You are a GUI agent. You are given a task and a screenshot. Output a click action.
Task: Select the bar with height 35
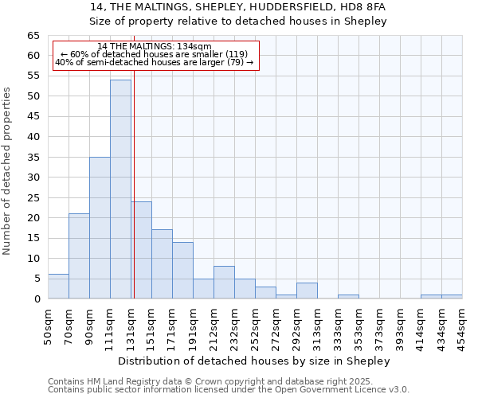tap(100, 228)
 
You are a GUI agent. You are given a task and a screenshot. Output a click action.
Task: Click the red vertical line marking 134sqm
tap(134, 183)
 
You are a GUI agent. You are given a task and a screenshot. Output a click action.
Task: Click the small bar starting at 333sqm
tap(348, 296)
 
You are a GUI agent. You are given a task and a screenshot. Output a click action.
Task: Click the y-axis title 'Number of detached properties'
tap(8, 171)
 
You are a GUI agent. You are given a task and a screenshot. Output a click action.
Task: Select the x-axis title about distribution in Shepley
tap(254, 361)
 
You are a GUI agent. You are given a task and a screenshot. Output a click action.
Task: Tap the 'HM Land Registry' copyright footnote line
tap(216, 381)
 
